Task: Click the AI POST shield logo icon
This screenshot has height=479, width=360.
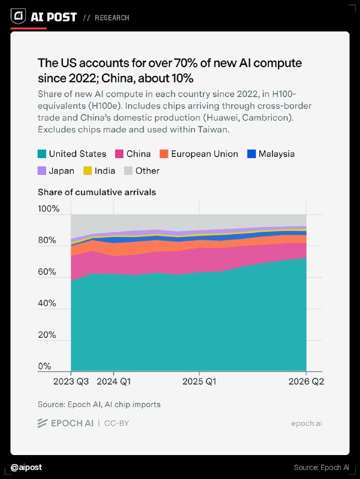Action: (19, 16)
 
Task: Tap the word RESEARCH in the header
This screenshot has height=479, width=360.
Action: (112, 18)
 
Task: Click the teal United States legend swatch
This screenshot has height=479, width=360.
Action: (42, 154)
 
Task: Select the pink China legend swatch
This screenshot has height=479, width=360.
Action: (119, 154)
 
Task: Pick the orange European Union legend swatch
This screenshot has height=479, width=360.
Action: (164, 154)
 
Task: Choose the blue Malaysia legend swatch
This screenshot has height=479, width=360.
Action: (251, 154)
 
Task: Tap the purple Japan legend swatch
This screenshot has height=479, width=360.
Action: (42, 171)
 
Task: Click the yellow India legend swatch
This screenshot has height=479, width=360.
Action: (87, 171)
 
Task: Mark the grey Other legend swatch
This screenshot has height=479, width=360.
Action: (128, 171)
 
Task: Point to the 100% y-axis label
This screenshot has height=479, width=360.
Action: (49, 209)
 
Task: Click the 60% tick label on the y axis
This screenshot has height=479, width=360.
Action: (47, 272)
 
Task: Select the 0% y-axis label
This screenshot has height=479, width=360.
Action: (44, 366)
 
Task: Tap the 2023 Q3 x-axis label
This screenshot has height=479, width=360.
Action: (71, 381)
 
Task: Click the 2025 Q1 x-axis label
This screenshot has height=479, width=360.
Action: (199, 381)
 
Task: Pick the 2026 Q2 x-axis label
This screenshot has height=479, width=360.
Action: (306, 381)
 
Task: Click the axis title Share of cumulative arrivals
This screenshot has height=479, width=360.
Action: (97, 192)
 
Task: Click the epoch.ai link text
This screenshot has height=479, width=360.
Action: (307, 423)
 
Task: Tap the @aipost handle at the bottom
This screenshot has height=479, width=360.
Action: (26, 468)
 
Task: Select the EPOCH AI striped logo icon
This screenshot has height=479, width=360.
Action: (43, 423)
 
